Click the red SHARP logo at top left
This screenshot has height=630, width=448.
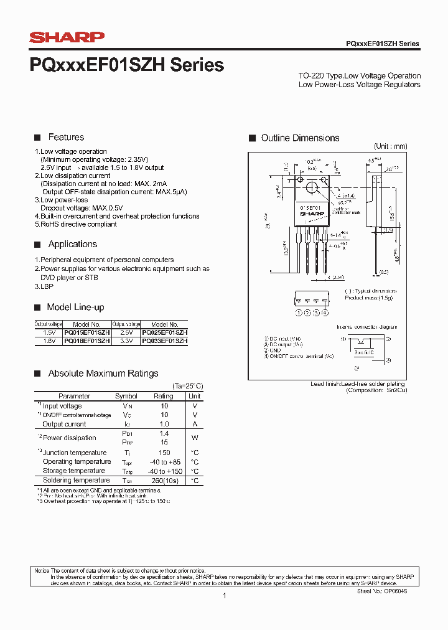click(x=67, y=37)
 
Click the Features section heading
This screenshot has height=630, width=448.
click(x=66, y=138)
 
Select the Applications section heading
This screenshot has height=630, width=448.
click(x=73, y=245)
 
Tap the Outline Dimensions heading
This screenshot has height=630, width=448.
click(x=300, y=138)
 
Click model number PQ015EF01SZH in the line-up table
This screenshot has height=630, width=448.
click(x=86, y=333)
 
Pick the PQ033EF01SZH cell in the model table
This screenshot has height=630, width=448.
click(x=165, y=341)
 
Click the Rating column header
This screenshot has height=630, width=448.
click(x=164, y=396)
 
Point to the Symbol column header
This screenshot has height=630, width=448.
click(x=126, y=396)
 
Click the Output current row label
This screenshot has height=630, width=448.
click(x=65, y=424)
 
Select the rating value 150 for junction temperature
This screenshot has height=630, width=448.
click(x=164, y=453)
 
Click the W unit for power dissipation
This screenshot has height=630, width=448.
click(x=195, y=438)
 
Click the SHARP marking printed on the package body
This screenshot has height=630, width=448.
click(x=312, y=214)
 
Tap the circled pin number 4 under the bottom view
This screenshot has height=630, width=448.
click(x=325, y=313)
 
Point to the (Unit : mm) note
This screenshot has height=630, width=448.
click(x=390, y=146)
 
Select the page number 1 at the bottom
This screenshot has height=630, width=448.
click(x=224, y=596)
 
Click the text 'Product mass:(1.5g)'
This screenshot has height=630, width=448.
click(x=369, y=298)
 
